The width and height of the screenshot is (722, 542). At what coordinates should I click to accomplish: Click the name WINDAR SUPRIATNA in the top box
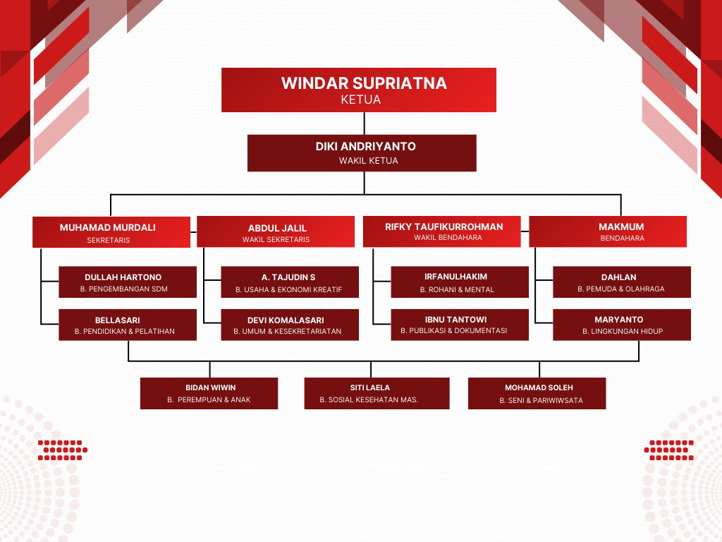tap(364, 83)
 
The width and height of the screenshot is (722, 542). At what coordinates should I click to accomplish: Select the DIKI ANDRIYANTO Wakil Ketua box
tap(362, 153)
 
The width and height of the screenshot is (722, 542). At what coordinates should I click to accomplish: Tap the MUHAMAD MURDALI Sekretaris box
tap(111, 232)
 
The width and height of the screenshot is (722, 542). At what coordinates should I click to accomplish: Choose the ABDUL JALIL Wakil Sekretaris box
tap(276, 232)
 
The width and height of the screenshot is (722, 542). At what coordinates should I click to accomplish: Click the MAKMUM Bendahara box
tap(608, 231)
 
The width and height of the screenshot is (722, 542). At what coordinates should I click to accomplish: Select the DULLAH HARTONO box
tap(128, 282)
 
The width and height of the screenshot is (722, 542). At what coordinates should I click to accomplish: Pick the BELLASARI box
tap(128, 325)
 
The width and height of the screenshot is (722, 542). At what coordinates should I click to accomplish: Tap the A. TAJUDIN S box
tap(290, 282)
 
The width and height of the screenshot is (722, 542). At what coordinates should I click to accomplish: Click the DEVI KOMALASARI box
tap(290, 325)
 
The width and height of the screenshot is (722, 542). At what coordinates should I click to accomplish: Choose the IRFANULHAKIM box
tap(460, 282)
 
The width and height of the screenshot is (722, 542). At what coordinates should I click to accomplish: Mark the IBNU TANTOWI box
tap(460, 325)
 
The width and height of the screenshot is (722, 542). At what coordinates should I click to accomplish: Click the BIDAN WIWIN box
tap(209, 393)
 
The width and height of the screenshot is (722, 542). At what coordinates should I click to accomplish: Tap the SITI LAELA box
tap(377, 393)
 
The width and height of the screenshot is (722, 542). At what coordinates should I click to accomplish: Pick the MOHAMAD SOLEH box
tap(537, 393)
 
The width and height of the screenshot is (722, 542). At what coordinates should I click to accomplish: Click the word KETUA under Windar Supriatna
tap(360, 100)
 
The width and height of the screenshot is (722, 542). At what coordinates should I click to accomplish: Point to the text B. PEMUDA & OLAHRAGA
tap(620, 289)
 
